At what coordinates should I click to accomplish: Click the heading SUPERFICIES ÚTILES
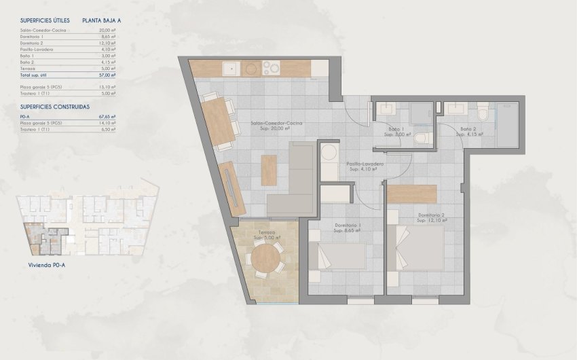tap(45, 20)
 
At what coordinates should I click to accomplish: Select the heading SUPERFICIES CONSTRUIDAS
tap(55, 107)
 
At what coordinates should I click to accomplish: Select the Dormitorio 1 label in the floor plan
tap(347, 226)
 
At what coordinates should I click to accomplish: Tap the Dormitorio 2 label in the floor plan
tap(431, 215)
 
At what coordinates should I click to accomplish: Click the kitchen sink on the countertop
tap(230, 68)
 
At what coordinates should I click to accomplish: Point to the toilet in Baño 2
tap(483, 111)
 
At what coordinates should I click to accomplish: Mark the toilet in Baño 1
tap(422, 139)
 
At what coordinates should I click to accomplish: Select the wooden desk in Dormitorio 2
tap(411, 194)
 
